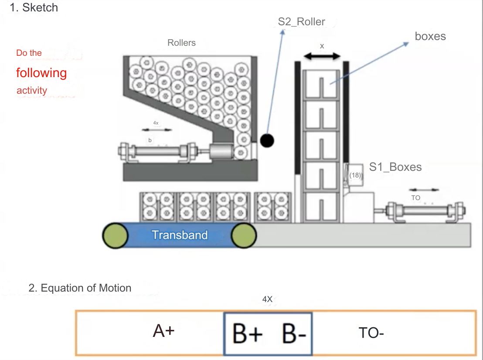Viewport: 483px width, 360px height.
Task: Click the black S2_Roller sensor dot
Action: click(267, 140)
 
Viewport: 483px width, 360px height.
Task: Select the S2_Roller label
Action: click(302, 22)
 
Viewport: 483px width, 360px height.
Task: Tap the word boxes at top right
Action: click(430, 36)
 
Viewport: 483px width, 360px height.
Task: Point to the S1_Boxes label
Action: click(395, 167)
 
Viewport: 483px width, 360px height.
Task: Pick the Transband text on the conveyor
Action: click(180, 235)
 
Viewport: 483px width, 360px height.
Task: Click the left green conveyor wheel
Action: click(115, 236)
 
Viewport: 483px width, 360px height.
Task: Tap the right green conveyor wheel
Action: click(243, 236)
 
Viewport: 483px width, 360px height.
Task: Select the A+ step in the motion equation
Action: click(164, 332)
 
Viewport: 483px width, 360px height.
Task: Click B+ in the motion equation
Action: click(247, 334)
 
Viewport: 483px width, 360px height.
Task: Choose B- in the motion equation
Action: click(294, 334)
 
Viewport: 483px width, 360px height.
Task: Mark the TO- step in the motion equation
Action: click(371, 333)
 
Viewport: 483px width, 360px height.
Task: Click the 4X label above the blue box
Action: click(267, 299)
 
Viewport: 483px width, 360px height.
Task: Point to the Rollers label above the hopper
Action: click(181, 43)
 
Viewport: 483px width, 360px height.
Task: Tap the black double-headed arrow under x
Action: click(322, 56)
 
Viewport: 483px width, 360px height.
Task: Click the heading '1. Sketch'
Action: click(34, 7)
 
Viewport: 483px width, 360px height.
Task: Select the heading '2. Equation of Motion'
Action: click(80, 288)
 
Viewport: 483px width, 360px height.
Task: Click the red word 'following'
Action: click(41, 73)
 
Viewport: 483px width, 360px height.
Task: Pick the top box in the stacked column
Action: click(322, 85)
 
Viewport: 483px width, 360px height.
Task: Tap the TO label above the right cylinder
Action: click(416, 198)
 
